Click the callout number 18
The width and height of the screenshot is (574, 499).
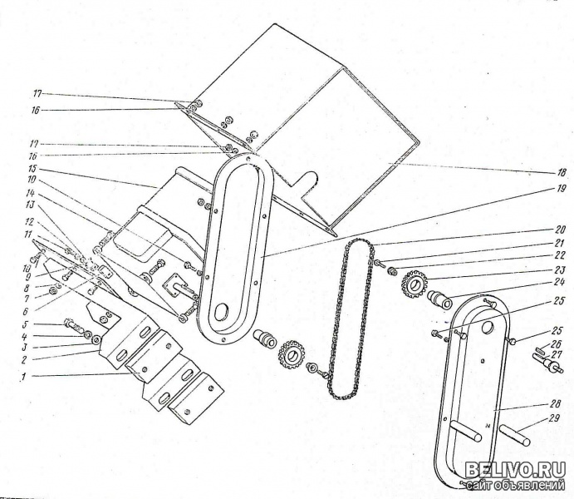click(x=562, y=172)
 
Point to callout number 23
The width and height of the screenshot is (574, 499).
click(x=562, y=269)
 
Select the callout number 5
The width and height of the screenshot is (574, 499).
click(x=26, y=324)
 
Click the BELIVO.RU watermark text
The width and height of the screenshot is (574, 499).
click(x=515, y=470)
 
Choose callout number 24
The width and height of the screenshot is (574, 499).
click(x=562, y=283)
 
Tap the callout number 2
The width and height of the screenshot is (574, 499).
click(x=26, y=360)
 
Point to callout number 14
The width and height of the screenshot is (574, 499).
click(x=31, y=192)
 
